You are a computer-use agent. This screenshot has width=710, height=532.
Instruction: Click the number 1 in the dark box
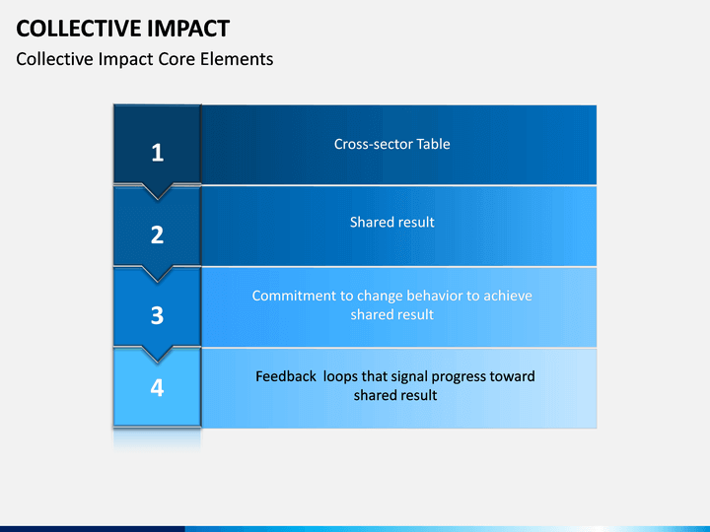pyautogui.click(x=157, y=153)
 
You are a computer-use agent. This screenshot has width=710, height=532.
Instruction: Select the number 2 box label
pyautogui.click(x=157, y=234)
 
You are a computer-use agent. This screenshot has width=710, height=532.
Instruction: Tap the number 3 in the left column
pyautogui.click(x=157, y=315)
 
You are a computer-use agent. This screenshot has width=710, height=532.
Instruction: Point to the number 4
pyautogui.click(x=157, y=388)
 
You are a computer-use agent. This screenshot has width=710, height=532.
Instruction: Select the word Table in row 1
pyautogui.click(x=433, y=144)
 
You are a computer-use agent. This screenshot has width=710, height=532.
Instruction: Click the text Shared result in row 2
pyautogui.click(x=392, y=222)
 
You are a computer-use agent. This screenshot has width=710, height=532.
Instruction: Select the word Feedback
pyautogui.click(x=286, y=376)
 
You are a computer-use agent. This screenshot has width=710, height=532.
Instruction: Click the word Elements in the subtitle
pyautogui.click(x=237, y=59)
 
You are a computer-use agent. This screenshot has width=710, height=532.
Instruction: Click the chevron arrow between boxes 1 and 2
pyautogui.click(x=157, y=192)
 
